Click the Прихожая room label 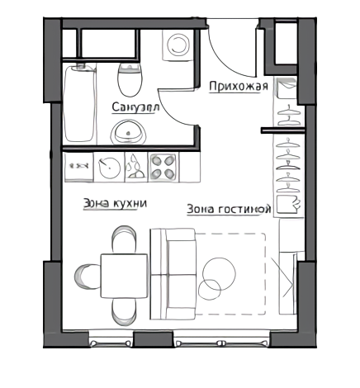[239, 87]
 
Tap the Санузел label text [135, 107]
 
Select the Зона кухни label [115, 204]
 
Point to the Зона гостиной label [229, 209]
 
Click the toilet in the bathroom [130, 79]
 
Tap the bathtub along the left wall [80, 104]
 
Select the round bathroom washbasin [128, 133]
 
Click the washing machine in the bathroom [178, 45]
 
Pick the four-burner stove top [163, 167]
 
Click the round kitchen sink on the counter [109, 168]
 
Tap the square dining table [124, 276]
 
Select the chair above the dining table [124, 239]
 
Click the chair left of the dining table [87, 277]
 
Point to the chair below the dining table [124, 312]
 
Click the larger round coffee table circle [219, 273]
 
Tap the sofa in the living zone [173, 274]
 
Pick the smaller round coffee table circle [210, 290]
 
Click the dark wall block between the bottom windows [154, 339]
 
